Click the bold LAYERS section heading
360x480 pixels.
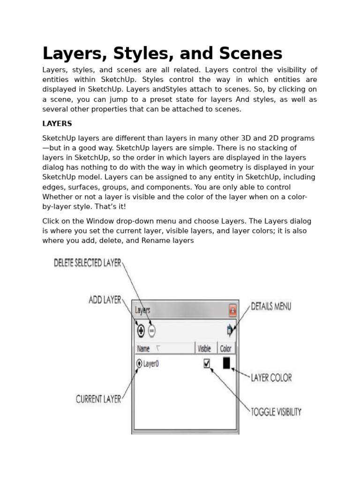click(x=57, y=124)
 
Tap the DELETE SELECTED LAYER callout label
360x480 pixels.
click(x=88, y=263)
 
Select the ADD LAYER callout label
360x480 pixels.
click(x=105, y=300)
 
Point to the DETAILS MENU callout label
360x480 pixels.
click(x=271, y=307)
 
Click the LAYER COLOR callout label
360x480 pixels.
click(x=271, y=377)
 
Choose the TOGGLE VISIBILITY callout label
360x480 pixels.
click(x=276, y=412)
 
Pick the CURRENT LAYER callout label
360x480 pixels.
click(x=98, y=399)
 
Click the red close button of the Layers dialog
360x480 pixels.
click(x=232, y=310)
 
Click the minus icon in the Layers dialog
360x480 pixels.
click(x=151, y=331)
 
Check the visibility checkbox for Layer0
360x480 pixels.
click(x=207, y=363)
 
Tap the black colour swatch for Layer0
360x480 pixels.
click(x=226, y=363)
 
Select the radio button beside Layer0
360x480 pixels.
click(x=139, y=363)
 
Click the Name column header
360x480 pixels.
click(x=143, y=349)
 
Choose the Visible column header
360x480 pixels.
click(x=204, y=349)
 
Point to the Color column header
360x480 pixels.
click(x=225, y=349)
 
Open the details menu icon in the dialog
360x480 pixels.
click(x=230, y=330)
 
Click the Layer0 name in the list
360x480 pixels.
click(x=151, y=363)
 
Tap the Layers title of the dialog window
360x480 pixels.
click(x=142, y=310)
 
